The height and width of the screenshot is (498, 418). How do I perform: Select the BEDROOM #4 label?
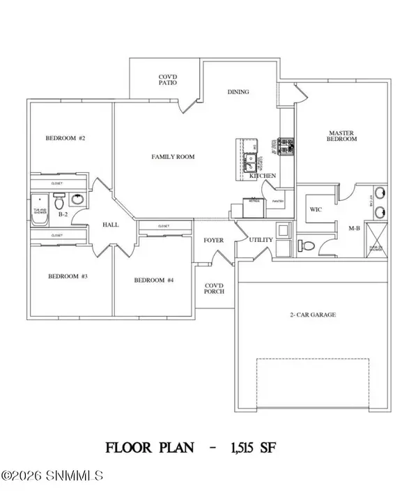tap(153, 280)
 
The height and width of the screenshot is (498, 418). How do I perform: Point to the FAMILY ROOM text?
tap(173, 157)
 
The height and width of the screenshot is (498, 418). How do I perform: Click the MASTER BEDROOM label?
tap(342, 135)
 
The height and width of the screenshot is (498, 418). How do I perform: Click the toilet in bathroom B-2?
tap(59, 203)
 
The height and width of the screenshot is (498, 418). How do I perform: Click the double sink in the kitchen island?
tap(249, 163)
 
